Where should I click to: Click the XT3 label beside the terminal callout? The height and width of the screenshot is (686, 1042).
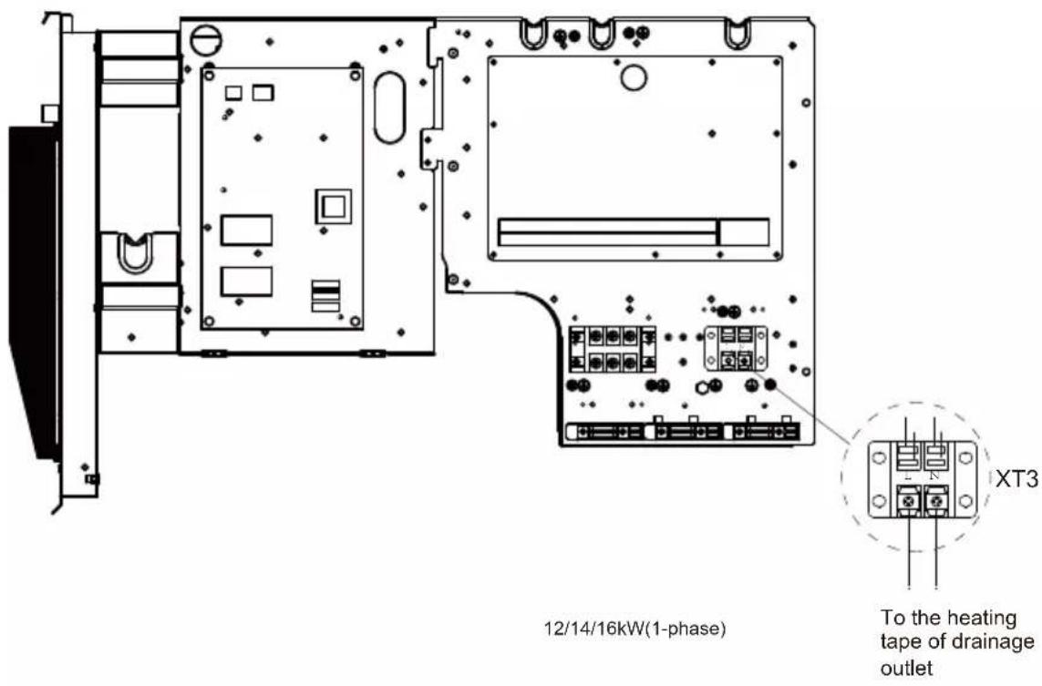(1016, 478)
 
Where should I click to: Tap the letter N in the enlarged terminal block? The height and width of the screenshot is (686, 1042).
(934, 476)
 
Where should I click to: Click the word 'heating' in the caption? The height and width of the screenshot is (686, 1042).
(979, 619)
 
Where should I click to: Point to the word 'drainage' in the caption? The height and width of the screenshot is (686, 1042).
(994, 643)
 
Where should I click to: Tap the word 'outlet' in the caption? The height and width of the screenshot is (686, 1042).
(906, 668)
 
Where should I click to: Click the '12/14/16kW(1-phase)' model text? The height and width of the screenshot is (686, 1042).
(634, 629)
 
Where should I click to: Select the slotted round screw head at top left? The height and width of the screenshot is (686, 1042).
(205, 39)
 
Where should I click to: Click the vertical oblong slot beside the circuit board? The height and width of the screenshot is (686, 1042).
(389, 107)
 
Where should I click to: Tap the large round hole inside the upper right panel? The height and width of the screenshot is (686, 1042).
(634, 77)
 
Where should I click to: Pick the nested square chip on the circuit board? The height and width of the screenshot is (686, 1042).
(333, 207)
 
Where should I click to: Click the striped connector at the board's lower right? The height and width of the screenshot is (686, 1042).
(325, 296)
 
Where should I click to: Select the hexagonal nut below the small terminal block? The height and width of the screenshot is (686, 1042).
(701, 387)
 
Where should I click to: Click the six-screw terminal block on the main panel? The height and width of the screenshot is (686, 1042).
(612, 349)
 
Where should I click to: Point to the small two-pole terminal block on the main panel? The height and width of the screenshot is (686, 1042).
(736, 349)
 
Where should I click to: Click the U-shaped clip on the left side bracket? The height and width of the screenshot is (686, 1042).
(135, 253)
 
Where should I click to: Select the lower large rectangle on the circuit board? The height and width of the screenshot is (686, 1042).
(246, 282)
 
